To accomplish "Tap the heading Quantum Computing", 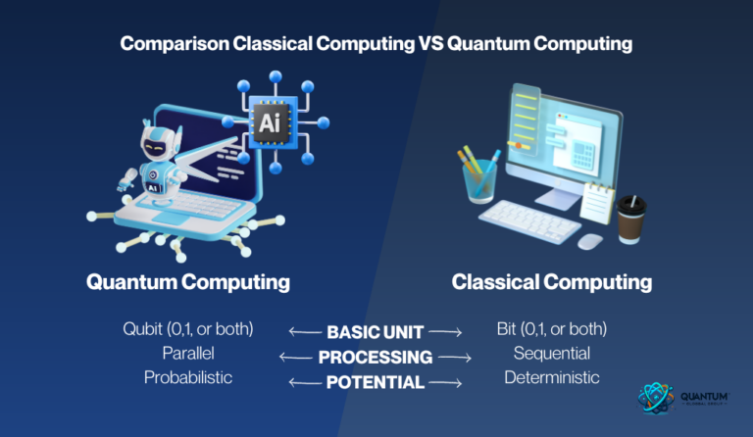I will point(188,282).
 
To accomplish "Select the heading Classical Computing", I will point(552,282).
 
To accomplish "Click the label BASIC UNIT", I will point(374,331).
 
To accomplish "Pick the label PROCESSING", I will point(375,357).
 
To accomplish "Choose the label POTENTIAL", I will point(375,382).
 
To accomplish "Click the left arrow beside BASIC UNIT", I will point(304,331).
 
